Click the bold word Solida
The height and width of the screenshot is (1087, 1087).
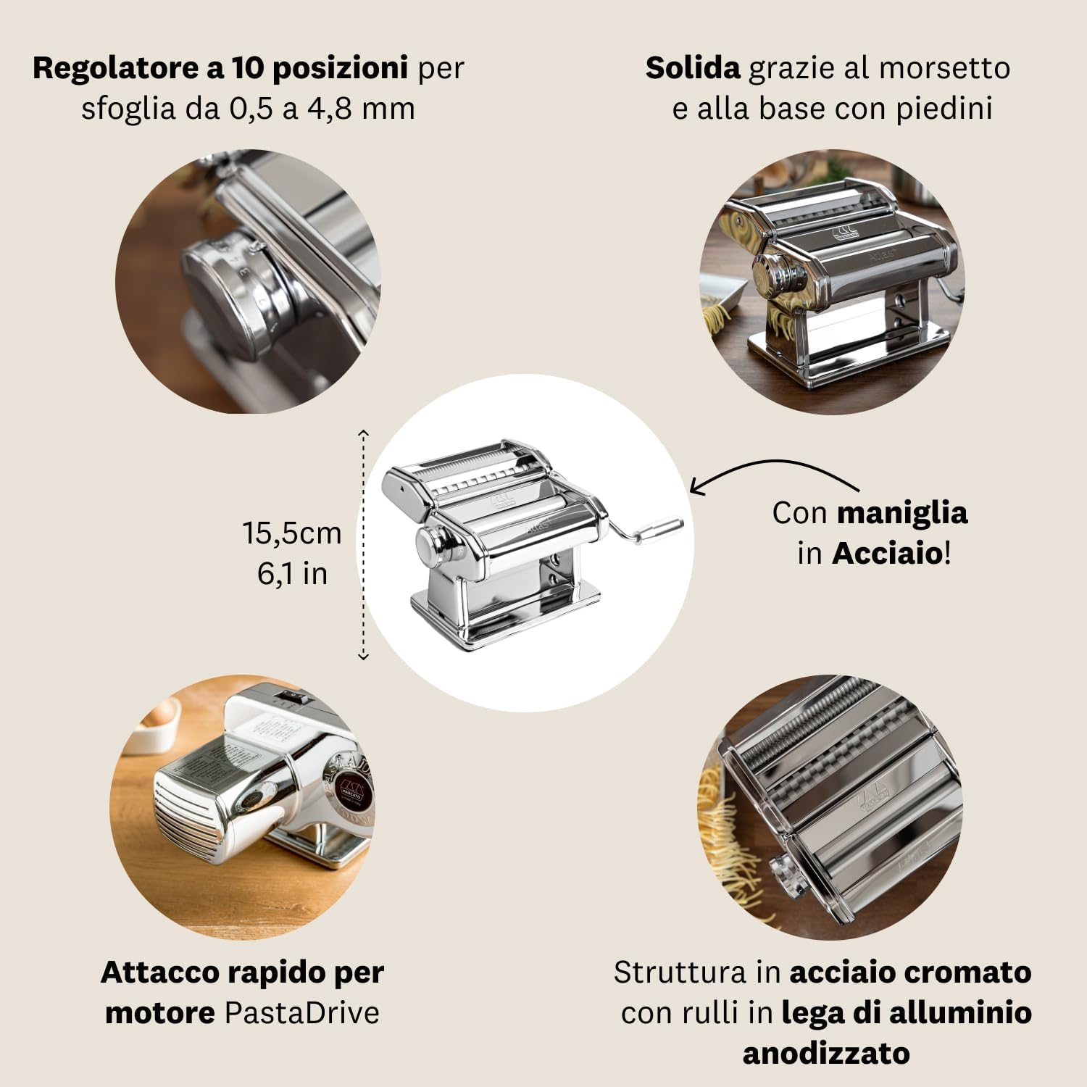pos(692,68)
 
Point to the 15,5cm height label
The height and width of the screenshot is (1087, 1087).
pos(291,533)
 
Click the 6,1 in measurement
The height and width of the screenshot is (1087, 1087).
pos(292,574)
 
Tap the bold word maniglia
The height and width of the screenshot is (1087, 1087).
pos(901,513)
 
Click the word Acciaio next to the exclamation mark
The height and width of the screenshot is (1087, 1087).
pos(887,554)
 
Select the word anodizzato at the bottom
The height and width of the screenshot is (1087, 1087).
pos(826,1053)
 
